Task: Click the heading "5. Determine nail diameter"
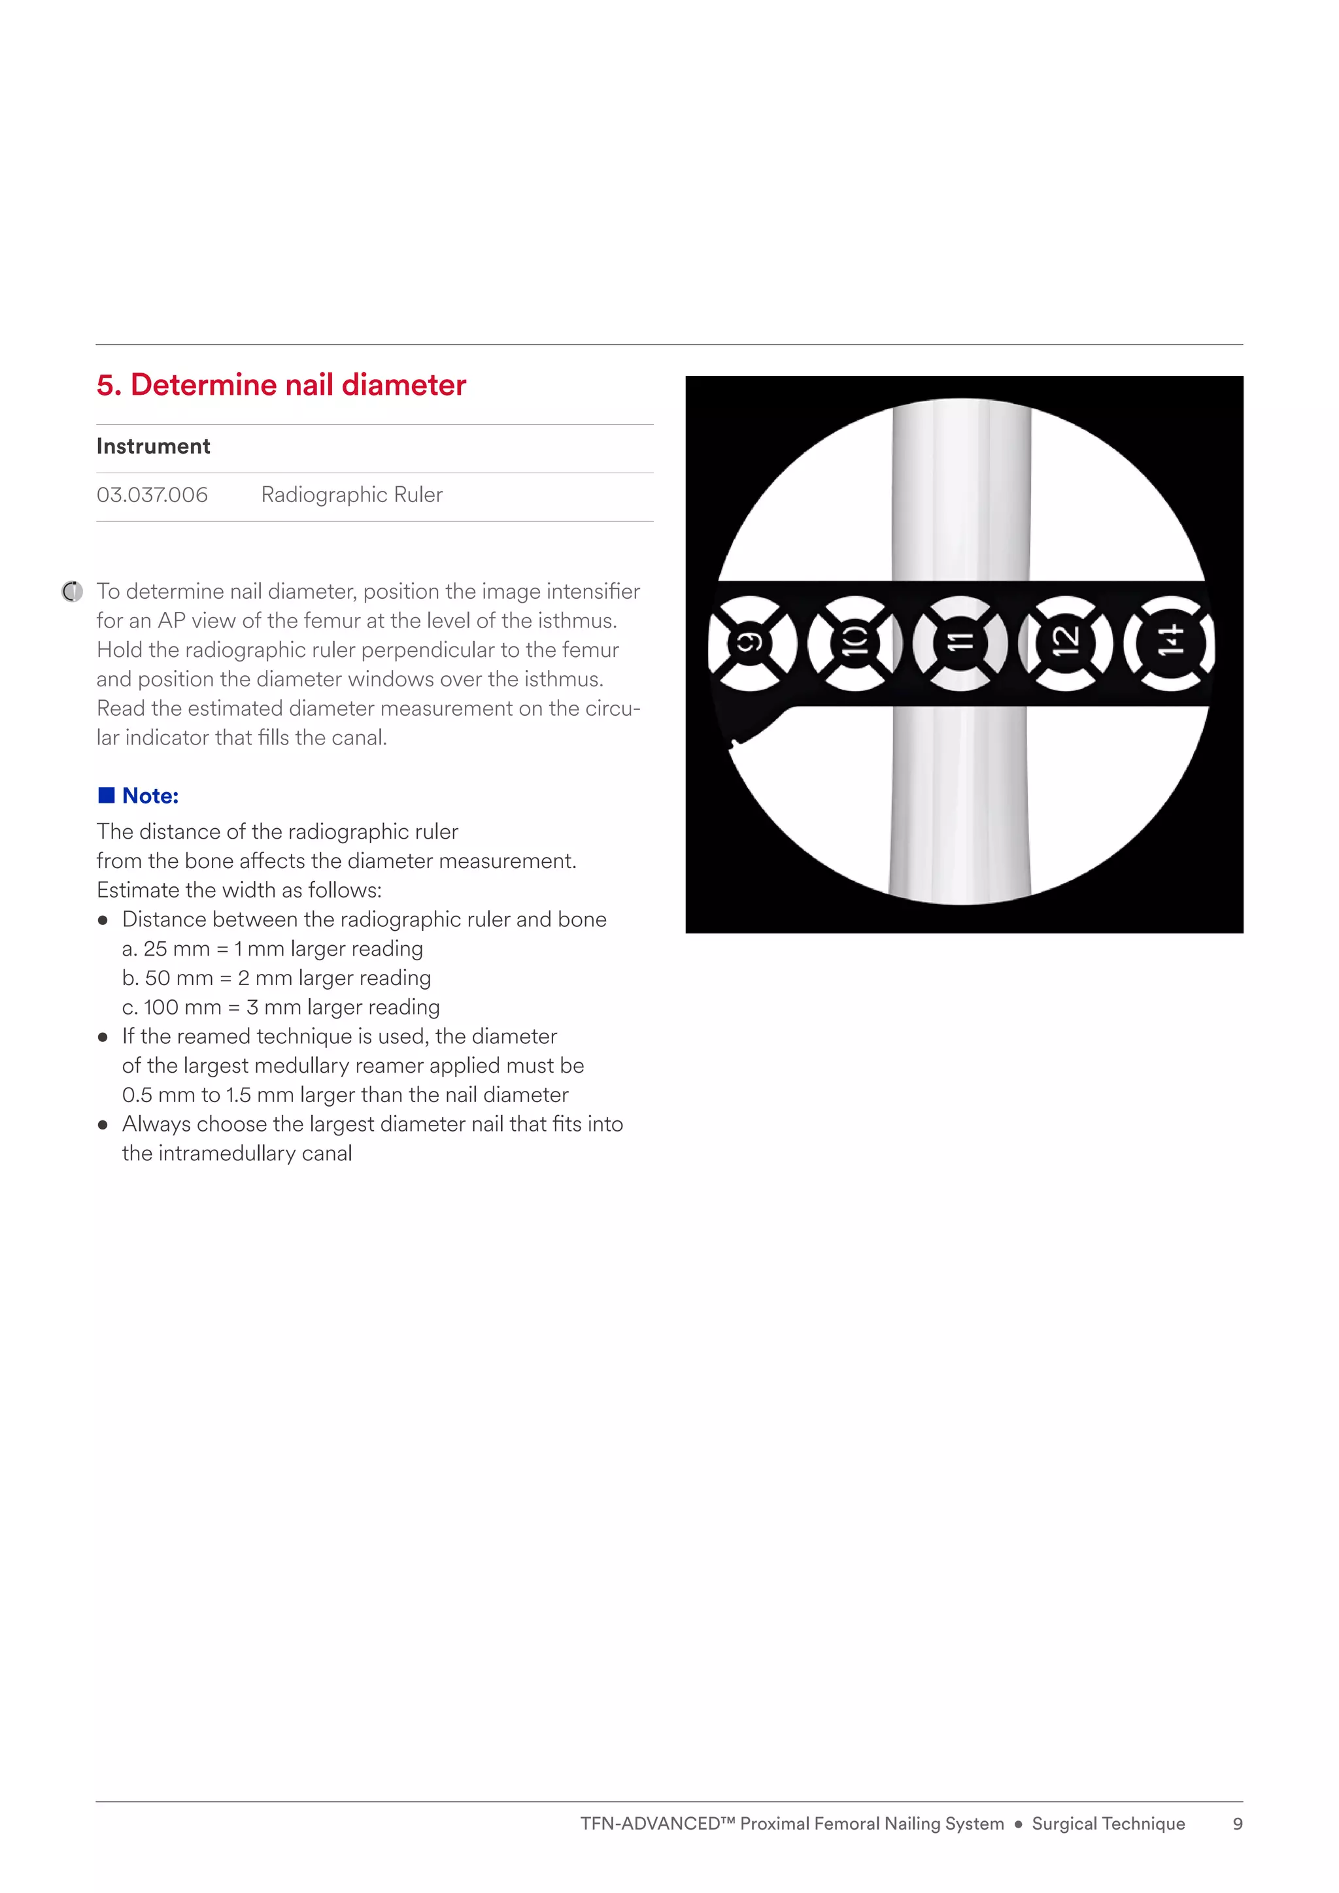pyautogui.click(x=281, y=385)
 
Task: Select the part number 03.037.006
pyautogui.click(x=152, y=495)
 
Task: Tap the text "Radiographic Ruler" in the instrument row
pyautogui.click(x=351, y=495)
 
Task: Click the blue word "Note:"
pyautogui.click(x=150, y=796)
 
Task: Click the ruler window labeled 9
pyautogui.click(x=751, y=643)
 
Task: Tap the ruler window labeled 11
pyautogui.click(x=960, y=643)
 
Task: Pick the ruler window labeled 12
pyautogui.click(x=1065, y=643)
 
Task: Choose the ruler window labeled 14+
pyautogui.click(x=1171, y=643)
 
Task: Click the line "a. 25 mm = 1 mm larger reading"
pyautogui.click(x=272, y=949)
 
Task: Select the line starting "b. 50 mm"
pyautogui.click(x=276, y=978)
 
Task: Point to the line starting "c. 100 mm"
pyautogui.click(x=280, y=1007)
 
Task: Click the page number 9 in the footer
pyautogui.click(x=1237, y=1824)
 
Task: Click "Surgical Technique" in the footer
pyautogui.click(x=1108, y=1824)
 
